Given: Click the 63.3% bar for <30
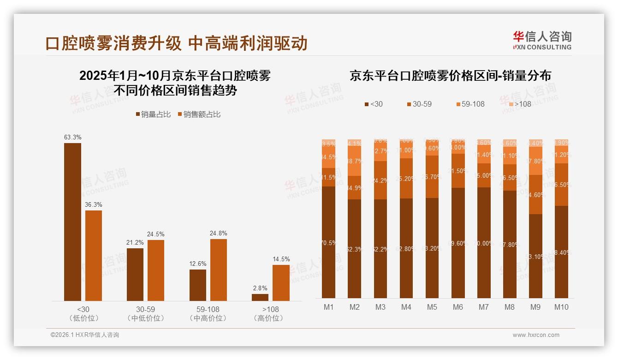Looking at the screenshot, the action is point(72,222).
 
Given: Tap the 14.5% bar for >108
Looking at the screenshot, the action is point(281,282).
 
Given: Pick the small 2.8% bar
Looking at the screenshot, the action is point(260,297).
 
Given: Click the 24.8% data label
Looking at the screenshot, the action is point(218,234).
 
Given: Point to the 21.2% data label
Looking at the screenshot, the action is point(135,243).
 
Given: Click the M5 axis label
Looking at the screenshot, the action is point(432,307).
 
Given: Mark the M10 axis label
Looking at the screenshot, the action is point(561,307).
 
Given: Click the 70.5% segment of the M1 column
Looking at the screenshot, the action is point(329,242).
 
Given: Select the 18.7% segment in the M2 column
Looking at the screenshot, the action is point(355,161).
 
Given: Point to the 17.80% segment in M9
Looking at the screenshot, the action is point(535,161).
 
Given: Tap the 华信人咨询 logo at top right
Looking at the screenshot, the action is point(542,40).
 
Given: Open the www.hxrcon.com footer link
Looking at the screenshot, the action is point(536,335).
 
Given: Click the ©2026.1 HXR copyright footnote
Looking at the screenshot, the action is point(85,335).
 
